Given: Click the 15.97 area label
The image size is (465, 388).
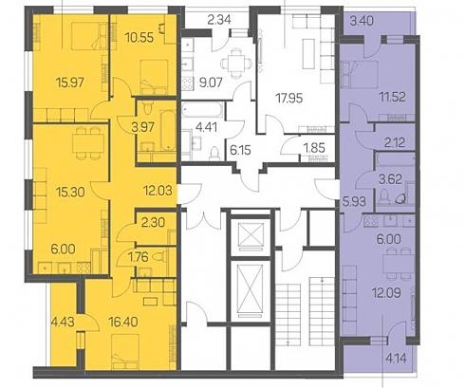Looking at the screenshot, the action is [70, 83].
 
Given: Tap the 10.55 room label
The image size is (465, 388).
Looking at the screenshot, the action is [139, 38].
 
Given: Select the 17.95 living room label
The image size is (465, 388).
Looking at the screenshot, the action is [289, 98].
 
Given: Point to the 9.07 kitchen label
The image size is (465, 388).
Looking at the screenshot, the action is [212, 83].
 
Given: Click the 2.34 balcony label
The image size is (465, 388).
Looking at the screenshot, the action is [219, 20].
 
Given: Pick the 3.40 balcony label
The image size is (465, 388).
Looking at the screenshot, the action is [362, 21].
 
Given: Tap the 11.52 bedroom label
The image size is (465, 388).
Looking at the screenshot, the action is [392, 97].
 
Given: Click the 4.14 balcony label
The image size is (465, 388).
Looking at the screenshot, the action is [397, 359].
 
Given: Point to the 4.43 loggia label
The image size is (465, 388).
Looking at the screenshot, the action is [63, 322].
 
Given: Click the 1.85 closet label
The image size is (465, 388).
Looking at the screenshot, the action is [314, 148].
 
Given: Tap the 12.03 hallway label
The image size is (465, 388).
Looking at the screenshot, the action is [158, 191].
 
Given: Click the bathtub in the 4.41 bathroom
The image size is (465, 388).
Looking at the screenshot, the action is [202, 109].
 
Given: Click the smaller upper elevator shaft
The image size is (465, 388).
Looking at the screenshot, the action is [251, 234].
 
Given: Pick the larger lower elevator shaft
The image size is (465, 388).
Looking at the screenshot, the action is [250, 288].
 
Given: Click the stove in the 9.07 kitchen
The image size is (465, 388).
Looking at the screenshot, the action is [188, 83].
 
